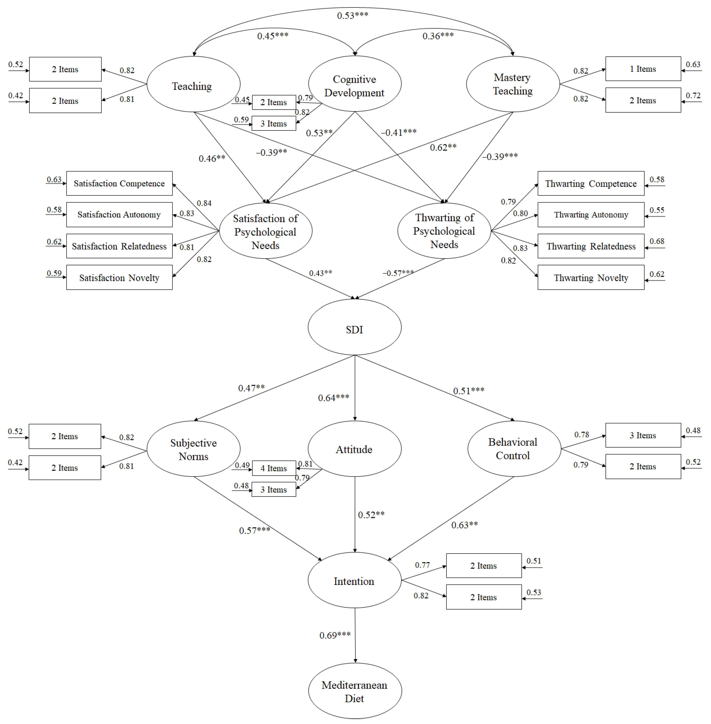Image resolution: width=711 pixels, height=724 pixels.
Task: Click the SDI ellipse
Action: (354, 327)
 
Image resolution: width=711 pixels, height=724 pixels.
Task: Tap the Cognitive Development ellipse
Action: (354, 84)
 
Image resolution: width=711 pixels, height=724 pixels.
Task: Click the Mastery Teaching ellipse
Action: (513, 84)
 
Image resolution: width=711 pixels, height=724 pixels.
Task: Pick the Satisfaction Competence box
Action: (119, 183)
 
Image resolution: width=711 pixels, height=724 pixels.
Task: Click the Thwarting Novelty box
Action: (591, 277)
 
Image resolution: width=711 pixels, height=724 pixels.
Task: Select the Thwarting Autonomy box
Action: (591, 215)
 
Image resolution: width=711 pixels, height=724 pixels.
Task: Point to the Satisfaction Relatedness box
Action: (119, 246)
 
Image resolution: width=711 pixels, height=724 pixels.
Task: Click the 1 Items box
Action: (643, 69)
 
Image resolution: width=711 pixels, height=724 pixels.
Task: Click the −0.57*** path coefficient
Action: (398, 273)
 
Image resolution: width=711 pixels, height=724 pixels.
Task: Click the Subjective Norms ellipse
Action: (193, 449)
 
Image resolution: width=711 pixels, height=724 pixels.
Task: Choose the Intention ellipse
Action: (354, 581)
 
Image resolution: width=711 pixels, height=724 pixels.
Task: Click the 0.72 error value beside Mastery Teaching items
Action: (693, 96)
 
